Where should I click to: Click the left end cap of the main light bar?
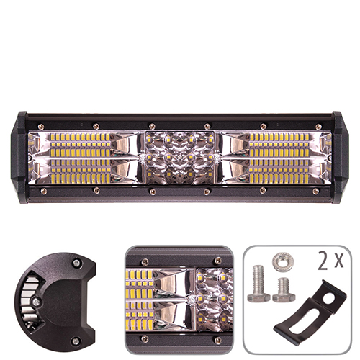click(x=22, y=156)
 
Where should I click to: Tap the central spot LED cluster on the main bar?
click(x=179, y=157)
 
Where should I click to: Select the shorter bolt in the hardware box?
click(x=282, y=289)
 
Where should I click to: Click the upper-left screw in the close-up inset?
click(x=145, y=262)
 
